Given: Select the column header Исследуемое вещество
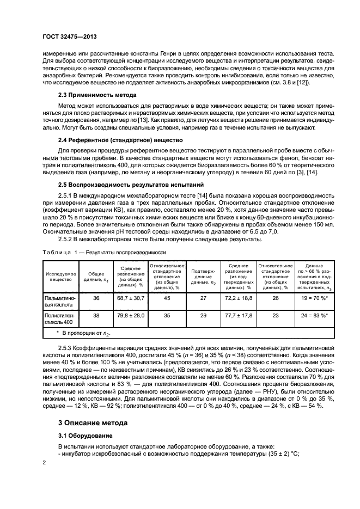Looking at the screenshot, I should coord(60,276).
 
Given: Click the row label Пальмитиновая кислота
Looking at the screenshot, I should coord(60,302).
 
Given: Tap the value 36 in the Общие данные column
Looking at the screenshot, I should coord(96,298).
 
